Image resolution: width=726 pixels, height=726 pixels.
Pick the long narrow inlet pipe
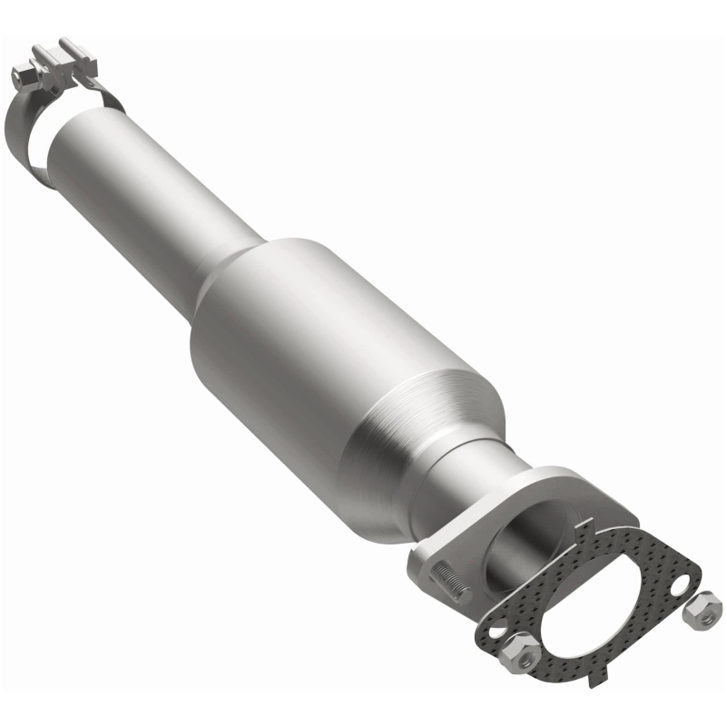pyautogui.click(x=154, y=181)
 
